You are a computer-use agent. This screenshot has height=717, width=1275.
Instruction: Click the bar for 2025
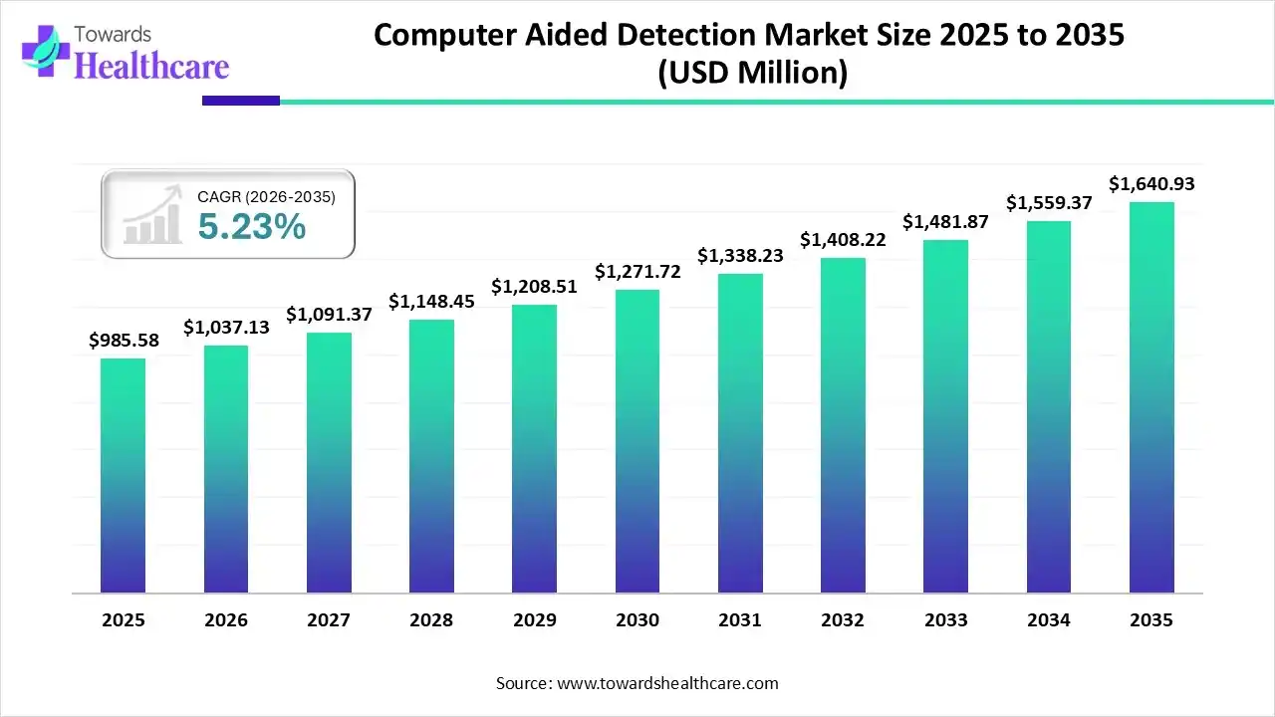click(x=123, y=475)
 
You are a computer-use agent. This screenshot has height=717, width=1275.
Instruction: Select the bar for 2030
click(x=637, y=441)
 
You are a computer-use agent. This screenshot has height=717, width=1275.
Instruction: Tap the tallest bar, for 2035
click(x=1151, y=397)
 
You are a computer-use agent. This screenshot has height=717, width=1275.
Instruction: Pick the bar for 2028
click(x=431, y=456)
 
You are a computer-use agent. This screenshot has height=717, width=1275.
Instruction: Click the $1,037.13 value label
click(x=226, y=327)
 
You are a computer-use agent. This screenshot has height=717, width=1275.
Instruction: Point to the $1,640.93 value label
click(x=1151, y=183)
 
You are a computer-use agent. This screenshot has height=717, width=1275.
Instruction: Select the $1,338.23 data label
click(x=740, y=256)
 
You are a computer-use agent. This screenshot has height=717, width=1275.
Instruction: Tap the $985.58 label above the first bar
click(x=124, y=341)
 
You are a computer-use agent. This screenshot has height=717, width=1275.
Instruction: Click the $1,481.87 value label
click(x=945, y=222)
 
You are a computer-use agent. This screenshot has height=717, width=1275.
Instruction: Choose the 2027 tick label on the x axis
click(x=329, y=620)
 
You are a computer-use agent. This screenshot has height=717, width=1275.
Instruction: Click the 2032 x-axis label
click(x=843, y=620)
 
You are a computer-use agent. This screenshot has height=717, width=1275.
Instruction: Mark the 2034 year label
click(x=1049, y=620)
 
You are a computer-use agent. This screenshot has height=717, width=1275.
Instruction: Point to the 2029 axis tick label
click(x=535, y=620)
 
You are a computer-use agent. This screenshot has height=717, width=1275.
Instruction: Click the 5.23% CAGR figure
click(x=251, y=227)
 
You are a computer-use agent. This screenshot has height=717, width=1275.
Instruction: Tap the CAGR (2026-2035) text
click(x=266, y=197)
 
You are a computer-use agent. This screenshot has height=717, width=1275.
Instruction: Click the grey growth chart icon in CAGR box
click(x=152, y=214)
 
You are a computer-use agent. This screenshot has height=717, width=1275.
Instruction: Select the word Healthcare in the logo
click(x=151, y=66)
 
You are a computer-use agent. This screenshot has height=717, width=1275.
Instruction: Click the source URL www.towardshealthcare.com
click(x=665, y=683)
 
